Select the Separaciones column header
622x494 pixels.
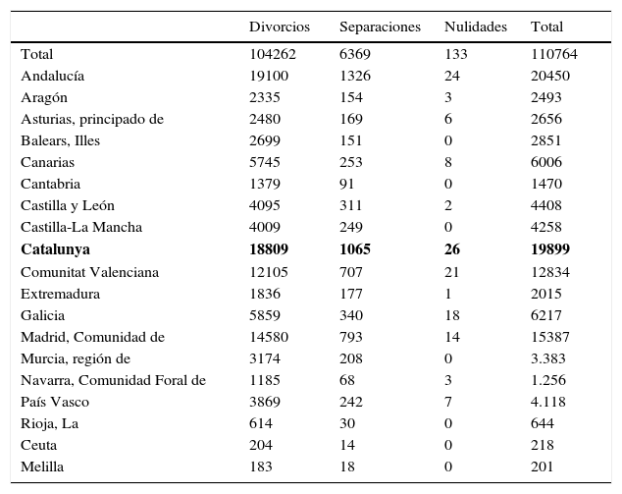coord(379,27)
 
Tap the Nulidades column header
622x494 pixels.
coord(475,27)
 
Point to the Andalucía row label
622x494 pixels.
coord(53,76)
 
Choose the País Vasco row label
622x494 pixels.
coord(55,403)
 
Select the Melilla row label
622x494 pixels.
coord(42,467)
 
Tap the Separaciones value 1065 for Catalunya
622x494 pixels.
coord(355,249)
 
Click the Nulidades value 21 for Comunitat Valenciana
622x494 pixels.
coord(452,272)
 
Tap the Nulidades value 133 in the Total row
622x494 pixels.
coord(455,54)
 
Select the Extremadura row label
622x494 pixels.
coord(61,294)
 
